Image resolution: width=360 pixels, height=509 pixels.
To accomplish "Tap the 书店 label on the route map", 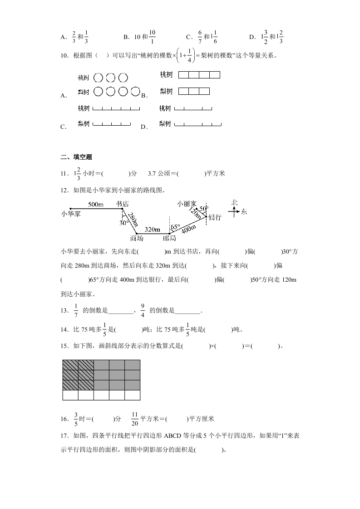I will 122,204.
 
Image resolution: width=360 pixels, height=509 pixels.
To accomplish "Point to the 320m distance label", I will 152,229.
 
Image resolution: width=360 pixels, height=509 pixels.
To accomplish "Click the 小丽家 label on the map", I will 187,204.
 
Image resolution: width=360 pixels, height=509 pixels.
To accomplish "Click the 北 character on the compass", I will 234,202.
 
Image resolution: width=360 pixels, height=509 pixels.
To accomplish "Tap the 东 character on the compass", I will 244,211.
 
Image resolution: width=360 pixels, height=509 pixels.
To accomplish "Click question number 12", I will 65,190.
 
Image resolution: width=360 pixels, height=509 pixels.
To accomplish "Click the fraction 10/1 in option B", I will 152,37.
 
